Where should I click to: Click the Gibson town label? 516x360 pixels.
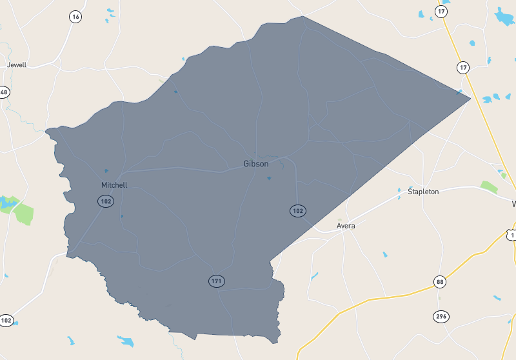[256, 164]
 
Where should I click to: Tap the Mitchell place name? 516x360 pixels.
[114, 185]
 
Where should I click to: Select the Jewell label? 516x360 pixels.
[17, 65]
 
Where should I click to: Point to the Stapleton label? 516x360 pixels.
[423, 192]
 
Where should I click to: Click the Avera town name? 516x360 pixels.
[346, 226]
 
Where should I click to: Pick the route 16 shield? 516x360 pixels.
[76, 17]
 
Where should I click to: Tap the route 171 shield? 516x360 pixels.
[216, 281]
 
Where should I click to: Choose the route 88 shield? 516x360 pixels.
[440, 282]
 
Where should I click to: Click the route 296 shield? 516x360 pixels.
[441, 316]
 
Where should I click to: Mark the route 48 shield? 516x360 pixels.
[4, 92]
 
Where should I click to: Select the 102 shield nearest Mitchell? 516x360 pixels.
[106, 201]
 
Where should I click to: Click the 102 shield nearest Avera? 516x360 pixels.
[297, 211]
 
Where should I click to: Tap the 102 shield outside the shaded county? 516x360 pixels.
[6, 320]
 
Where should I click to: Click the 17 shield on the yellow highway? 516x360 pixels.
[463, 67]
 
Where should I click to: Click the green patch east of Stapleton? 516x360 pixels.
[489, 187]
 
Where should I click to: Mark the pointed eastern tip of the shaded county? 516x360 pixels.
[470, 97]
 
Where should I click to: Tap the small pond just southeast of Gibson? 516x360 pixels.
[269, 178]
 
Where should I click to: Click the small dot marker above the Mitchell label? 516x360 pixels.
[106, 171]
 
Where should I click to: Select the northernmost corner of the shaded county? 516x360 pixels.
[302, 17]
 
